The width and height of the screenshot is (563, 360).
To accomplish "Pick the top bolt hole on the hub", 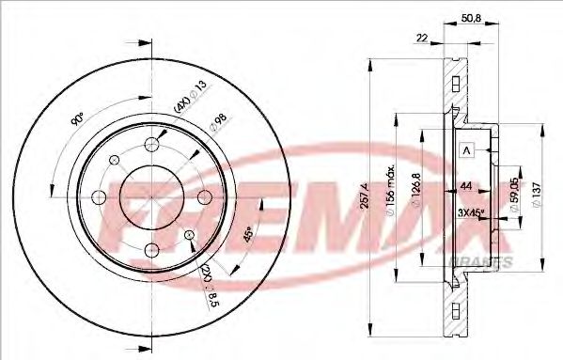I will pyautogui.click(x=153, y=145).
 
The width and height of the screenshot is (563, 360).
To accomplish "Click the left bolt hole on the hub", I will pyautogui.click(x=100, y=197).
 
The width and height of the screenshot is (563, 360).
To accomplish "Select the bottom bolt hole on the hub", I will pyautogui.click(x=153, y=251).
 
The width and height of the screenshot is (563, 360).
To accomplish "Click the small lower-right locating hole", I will pyautogui.click(x=191, y=235).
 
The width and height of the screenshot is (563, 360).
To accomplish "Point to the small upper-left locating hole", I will pyautogui.click(x=115, y=160).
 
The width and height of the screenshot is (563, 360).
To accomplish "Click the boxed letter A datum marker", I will pyautogui.click(x=466, y=150).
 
